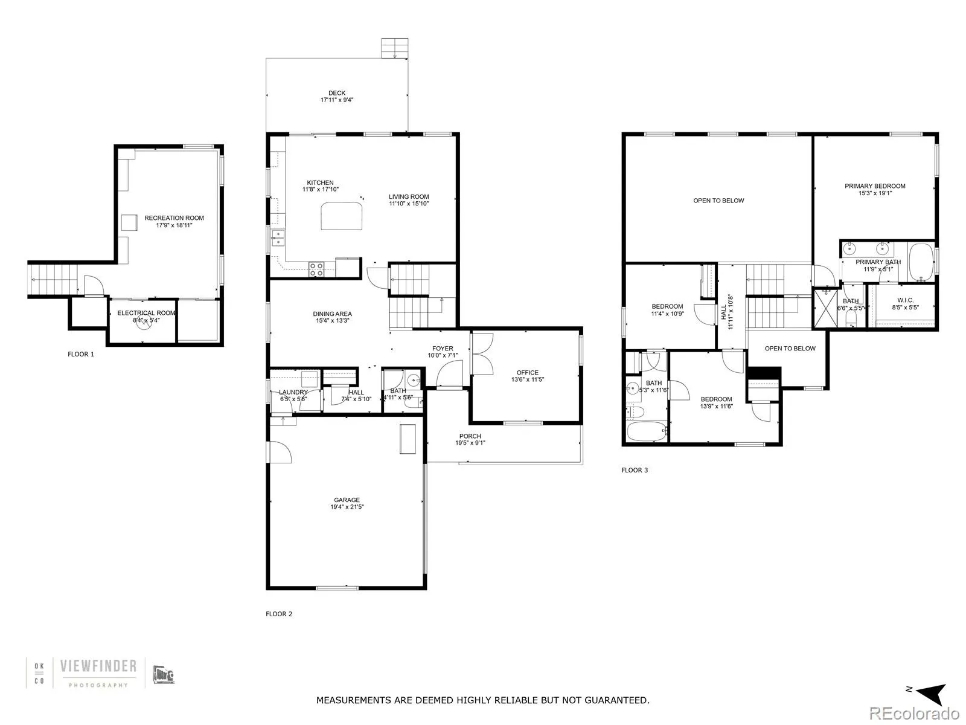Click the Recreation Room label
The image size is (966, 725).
(174, 218)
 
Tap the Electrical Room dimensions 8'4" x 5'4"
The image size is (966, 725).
(146, 321)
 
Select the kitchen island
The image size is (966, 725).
(342, 216)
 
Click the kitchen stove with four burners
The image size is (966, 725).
(316, 269)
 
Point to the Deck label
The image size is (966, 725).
(337, 93)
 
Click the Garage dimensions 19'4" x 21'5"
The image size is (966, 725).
(347, 507)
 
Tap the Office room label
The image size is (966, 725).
(527, 373)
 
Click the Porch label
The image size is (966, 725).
(470, 436)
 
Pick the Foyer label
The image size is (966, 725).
(443, 349)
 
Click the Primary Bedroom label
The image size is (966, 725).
(875, 186)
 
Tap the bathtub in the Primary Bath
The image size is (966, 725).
(921, 262)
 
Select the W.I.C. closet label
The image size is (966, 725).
(905, 300)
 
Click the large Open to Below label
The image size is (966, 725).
(718, 201)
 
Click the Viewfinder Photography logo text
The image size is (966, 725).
(98, 666)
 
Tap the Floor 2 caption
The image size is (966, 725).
(279, 614)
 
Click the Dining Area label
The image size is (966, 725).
(332, 314)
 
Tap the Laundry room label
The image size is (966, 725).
(293, 392)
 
